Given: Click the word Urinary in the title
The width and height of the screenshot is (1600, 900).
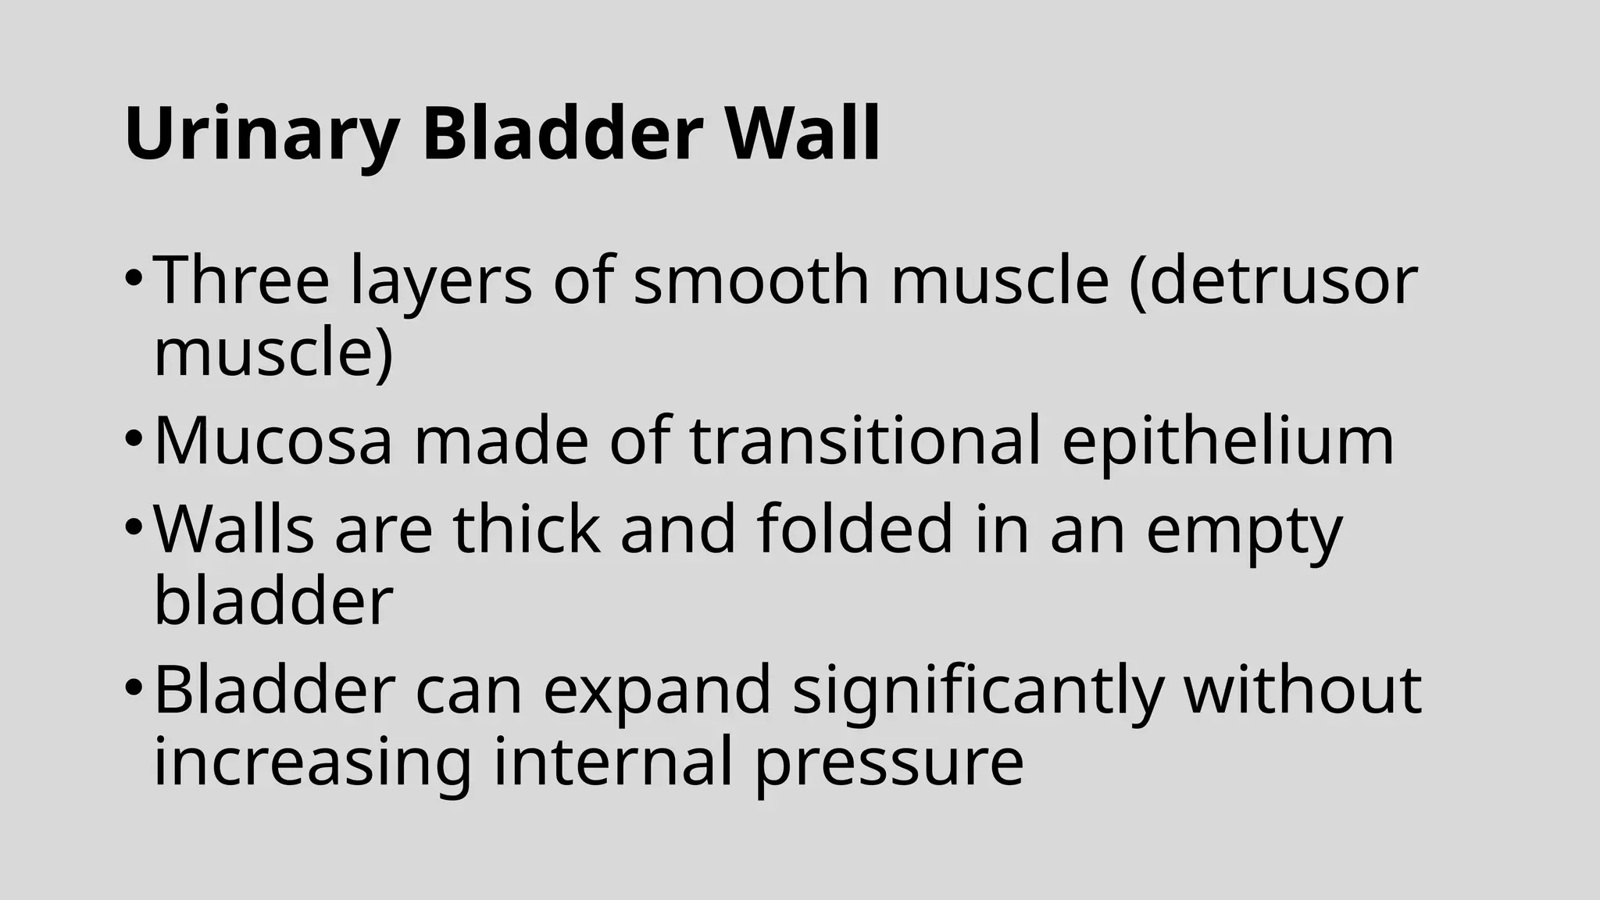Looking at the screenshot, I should [262, 134].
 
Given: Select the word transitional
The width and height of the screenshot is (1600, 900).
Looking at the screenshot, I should [866, 441].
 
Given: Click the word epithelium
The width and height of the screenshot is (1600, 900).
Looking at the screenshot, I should [1227, 442].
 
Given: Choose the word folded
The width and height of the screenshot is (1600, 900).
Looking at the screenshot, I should [855, 529].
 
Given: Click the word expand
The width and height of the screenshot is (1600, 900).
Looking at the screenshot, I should [657, 690].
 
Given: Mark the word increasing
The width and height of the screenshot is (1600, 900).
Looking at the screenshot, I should [312, 764].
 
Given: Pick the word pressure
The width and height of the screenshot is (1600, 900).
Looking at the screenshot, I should [889, 764].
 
